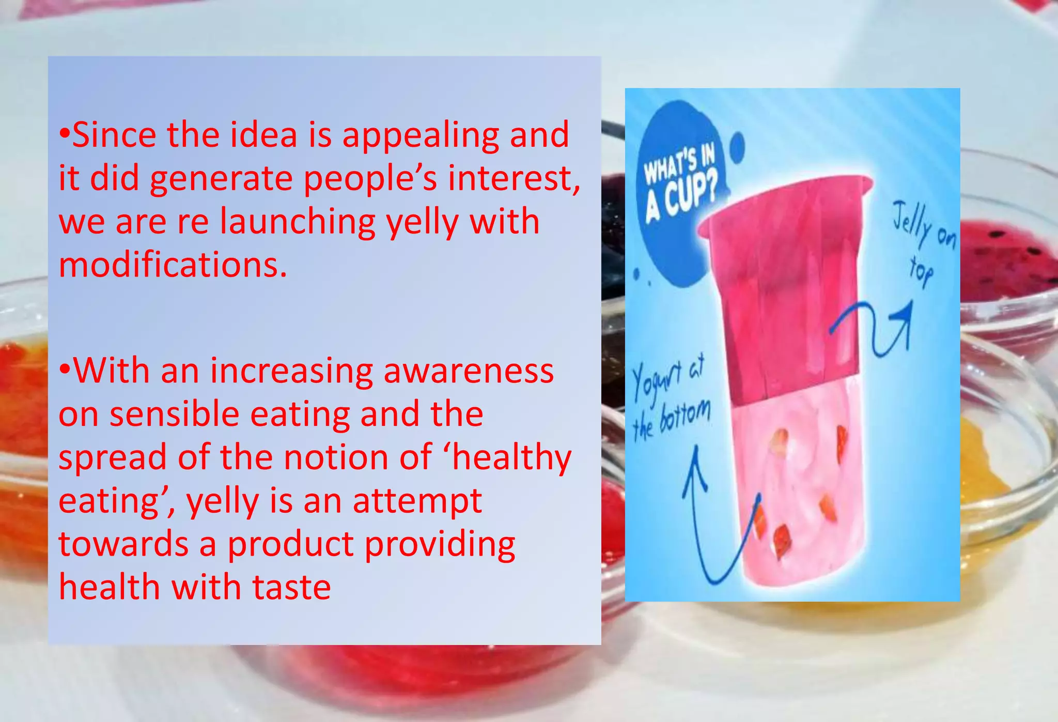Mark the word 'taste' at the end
291,588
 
